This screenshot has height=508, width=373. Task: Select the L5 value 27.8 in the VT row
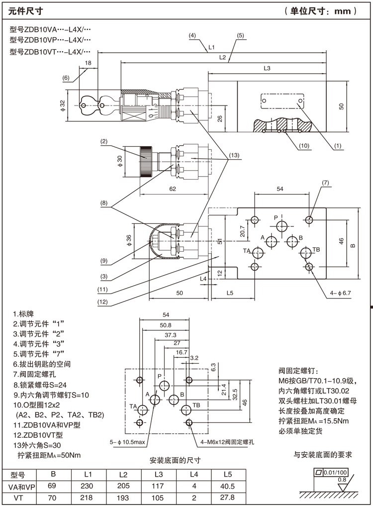pos(228,499)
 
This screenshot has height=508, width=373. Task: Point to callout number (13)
pos(234,155)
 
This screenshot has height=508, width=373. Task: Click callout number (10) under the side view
pos(304,146)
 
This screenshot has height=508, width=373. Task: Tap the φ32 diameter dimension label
pos(62,105)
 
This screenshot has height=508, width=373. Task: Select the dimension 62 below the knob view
pos(173,189)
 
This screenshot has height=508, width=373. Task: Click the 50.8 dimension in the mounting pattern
pos(166,325)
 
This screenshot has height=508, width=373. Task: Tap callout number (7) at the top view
pos(326,183)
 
